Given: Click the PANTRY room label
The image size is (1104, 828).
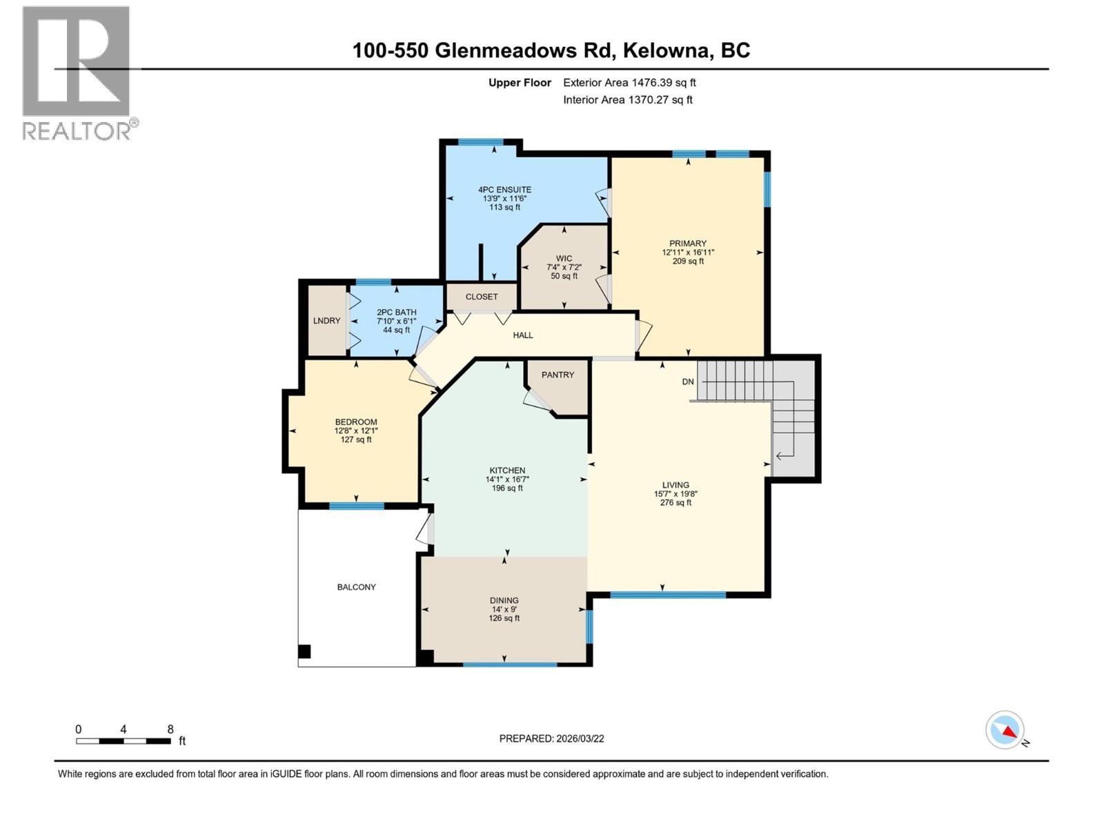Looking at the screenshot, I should pos(558,375).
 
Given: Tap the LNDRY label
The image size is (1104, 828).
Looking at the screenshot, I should pos(326,321).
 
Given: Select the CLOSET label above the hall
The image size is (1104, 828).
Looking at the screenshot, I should pos(481,297).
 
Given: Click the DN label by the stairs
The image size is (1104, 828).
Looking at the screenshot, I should pos(688,382).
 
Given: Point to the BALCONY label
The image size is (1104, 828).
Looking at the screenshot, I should pos(356,587).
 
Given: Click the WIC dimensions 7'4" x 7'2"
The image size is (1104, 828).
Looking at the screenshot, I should pos(564,267).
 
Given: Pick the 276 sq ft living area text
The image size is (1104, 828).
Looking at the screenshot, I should pos(676,503).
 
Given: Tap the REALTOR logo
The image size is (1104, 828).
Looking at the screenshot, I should pos(77,72).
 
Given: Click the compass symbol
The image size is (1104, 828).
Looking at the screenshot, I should pos(1005,730).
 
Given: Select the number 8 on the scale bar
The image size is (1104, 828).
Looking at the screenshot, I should pos(170,729).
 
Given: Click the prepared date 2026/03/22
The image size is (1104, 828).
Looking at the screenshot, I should pos(580,738).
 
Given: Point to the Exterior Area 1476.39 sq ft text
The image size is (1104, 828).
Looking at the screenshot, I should pos(629,83).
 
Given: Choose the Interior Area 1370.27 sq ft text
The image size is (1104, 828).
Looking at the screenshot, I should pos(627,100).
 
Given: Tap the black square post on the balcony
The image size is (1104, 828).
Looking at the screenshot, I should pos(304,651).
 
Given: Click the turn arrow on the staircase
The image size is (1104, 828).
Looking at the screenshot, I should pos(785,455).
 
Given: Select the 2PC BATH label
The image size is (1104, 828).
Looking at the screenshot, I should pos(396,313).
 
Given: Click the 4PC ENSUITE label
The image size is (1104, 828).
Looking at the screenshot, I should pos(504,190).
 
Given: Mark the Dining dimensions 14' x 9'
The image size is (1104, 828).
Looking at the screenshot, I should pos(504,609).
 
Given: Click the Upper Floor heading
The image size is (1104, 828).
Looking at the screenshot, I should pos(520,83).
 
